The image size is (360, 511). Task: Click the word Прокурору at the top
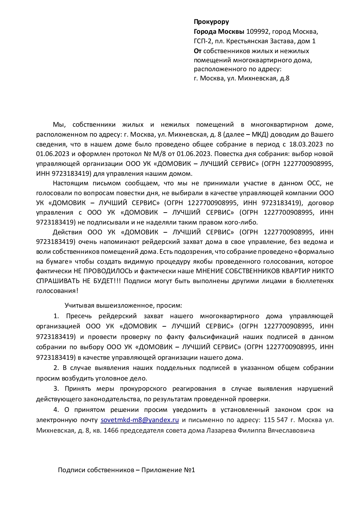coord(211,22)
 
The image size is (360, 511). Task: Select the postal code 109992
coord(256,32)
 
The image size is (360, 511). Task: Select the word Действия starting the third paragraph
coord(67,232)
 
